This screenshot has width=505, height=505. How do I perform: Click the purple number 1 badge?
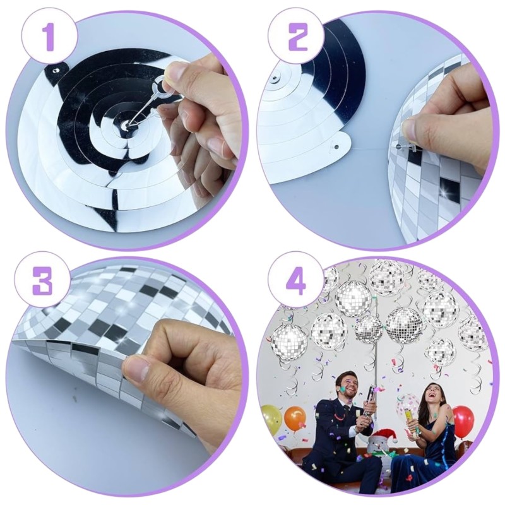click(x=50, y=38)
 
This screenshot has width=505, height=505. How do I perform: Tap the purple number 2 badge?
click(x=296, y=38)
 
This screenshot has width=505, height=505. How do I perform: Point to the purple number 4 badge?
click(x=296, y=282)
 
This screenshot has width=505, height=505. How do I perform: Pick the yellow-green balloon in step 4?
click(x=271, y=419)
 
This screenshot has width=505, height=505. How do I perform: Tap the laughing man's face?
click(x=345, y=384)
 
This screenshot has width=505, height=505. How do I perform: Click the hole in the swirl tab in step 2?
click(x=336, y=147)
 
